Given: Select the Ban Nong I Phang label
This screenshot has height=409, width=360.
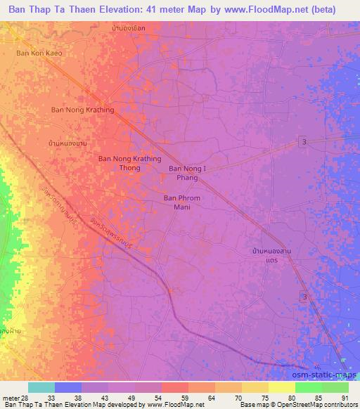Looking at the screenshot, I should click(188, 174).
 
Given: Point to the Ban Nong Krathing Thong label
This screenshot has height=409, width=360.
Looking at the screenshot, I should click(129, 164).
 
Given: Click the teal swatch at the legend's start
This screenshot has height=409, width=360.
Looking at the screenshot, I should click(41, 387).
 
